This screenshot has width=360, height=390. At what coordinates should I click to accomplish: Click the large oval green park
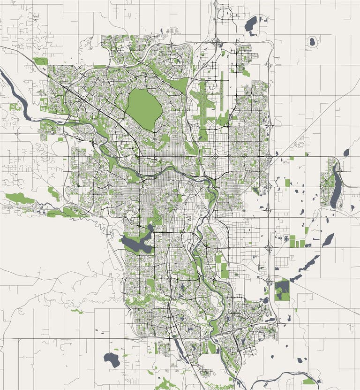pos(144,109)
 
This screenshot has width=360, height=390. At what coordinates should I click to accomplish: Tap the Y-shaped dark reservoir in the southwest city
pos(135,244)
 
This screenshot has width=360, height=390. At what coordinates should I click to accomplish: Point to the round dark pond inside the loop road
pos(312,42)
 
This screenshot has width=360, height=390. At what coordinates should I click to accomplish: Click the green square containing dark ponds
pos(282,289)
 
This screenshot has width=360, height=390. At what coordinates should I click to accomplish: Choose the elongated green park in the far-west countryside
pos(20,198)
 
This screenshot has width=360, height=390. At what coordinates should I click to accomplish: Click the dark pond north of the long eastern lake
pos(346,152)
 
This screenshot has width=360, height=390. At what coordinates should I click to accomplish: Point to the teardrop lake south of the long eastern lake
pos(328,239)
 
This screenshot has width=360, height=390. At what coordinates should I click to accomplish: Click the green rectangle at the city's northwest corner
pos(40,61)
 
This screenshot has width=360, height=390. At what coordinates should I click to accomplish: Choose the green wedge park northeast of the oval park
pos(180,85)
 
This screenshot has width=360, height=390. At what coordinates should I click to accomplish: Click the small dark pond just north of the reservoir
pos(150,228)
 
